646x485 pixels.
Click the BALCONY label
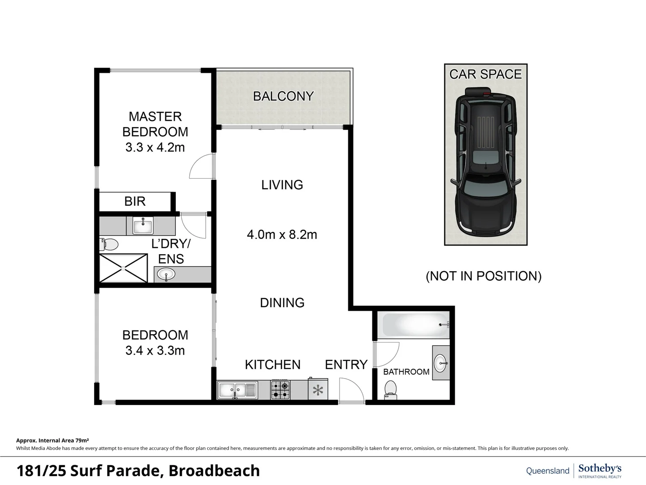tap(283, 96)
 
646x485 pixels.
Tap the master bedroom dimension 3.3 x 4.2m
tap(155, 147)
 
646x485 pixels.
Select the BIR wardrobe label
tap(135, 201)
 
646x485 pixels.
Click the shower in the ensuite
tap(123, 268)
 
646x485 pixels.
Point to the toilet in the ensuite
tap(109, 245)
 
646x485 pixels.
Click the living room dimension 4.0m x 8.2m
tap(282, 234)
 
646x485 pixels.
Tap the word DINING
tap(282, 303)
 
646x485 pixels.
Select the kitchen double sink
tap(237, 390)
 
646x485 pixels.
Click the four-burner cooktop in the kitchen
tap(280, 390)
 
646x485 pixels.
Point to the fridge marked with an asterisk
tap(318, 390)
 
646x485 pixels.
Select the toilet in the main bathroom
tap(391, 389)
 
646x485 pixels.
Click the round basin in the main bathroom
tap(441, 363)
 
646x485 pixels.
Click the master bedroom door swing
tap(202, 166)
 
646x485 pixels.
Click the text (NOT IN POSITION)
tap(483, 276)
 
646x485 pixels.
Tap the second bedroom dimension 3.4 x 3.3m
tap(155, 350)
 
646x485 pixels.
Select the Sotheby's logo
tap(599, 470)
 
